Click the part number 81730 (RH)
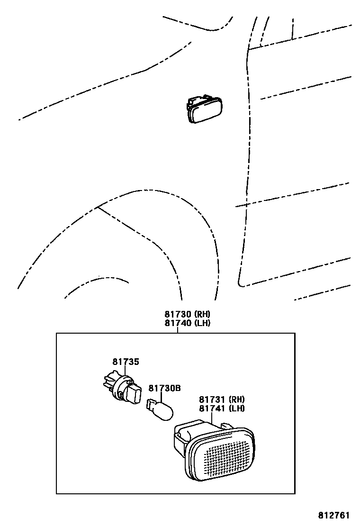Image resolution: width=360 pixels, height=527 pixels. coord(187,314)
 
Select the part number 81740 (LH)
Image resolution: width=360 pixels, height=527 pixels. coord(187,323)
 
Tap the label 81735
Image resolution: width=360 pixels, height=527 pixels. coord(126,362)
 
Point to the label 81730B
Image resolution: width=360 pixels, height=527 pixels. coord(165,388)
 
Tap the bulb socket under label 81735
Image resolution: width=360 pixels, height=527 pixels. coord(121,387)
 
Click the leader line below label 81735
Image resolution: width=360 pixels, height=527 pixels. coord(126,372)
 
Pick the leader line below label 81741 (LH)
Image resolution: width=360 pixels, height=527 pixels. coord(221,419)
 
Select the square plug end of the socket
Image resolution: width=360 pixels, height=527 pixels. coord(135,393)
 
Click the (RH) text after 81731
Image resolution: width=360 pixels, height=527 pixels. coord(237,399)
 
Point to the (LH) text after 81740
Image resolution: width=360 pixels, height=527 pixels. coord(202,323)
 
